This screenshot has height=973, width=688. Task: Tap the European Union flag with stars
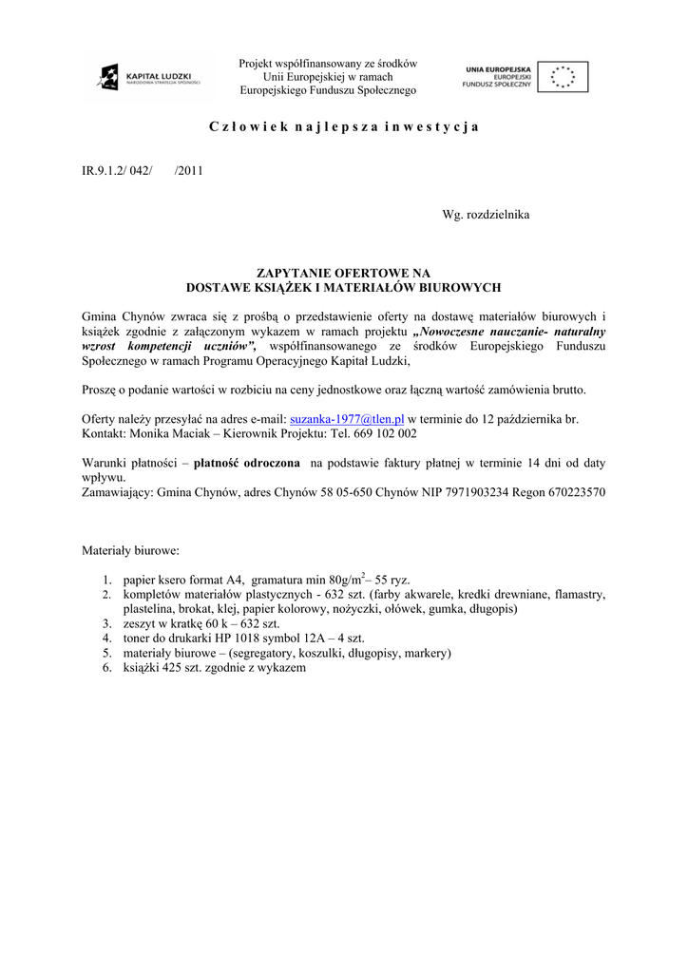563,76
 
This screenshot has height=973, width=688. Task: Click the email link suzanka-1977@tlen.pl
347,418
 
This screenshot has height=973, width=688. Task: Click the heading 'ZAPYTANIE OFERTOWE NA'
343,273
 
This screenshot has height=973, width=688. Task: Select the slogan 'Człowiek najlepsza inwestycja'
343,126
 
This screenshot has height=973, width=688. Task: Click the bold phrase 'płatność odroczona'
246,463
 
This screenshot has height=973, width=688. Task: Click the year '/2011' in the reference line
189,171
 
